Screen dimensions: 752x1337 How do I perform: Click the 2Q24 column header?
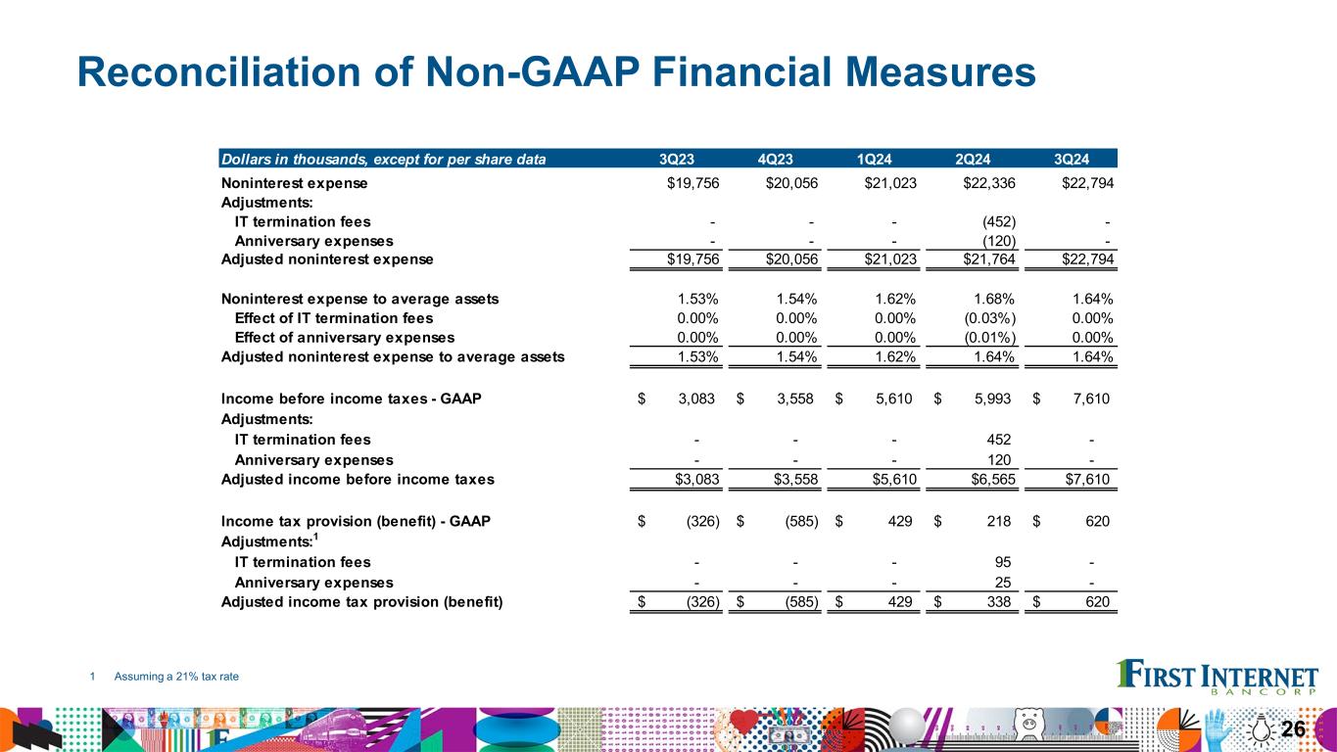click(x=975, y=159)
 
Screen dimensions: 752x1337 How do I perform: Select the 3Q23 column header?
click(x=679, y=159)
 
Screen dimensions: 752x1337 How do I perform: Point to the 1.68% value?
click(x=992, y=299)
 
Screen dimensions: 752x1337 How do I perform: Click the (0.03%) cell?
click(x=987, y=318)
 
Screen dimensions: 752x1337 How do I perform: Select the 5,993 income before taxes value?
click(x=991, y=399)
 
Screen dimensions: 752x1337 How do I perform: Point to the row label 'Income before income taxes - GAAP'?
click(x=351, y=399)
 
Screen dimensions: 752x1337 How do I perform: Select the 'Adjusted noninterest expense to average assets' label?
click(x=393, y=356)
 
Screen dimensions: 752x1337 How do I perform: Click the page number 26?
click(x=1293, y=728)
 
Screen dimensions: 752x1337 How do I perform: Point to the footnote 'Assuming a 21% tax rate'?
click(x=176, y=677)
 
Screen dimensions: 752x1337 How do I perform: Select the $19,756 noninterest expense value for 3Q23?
click(x=687, y=183)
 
